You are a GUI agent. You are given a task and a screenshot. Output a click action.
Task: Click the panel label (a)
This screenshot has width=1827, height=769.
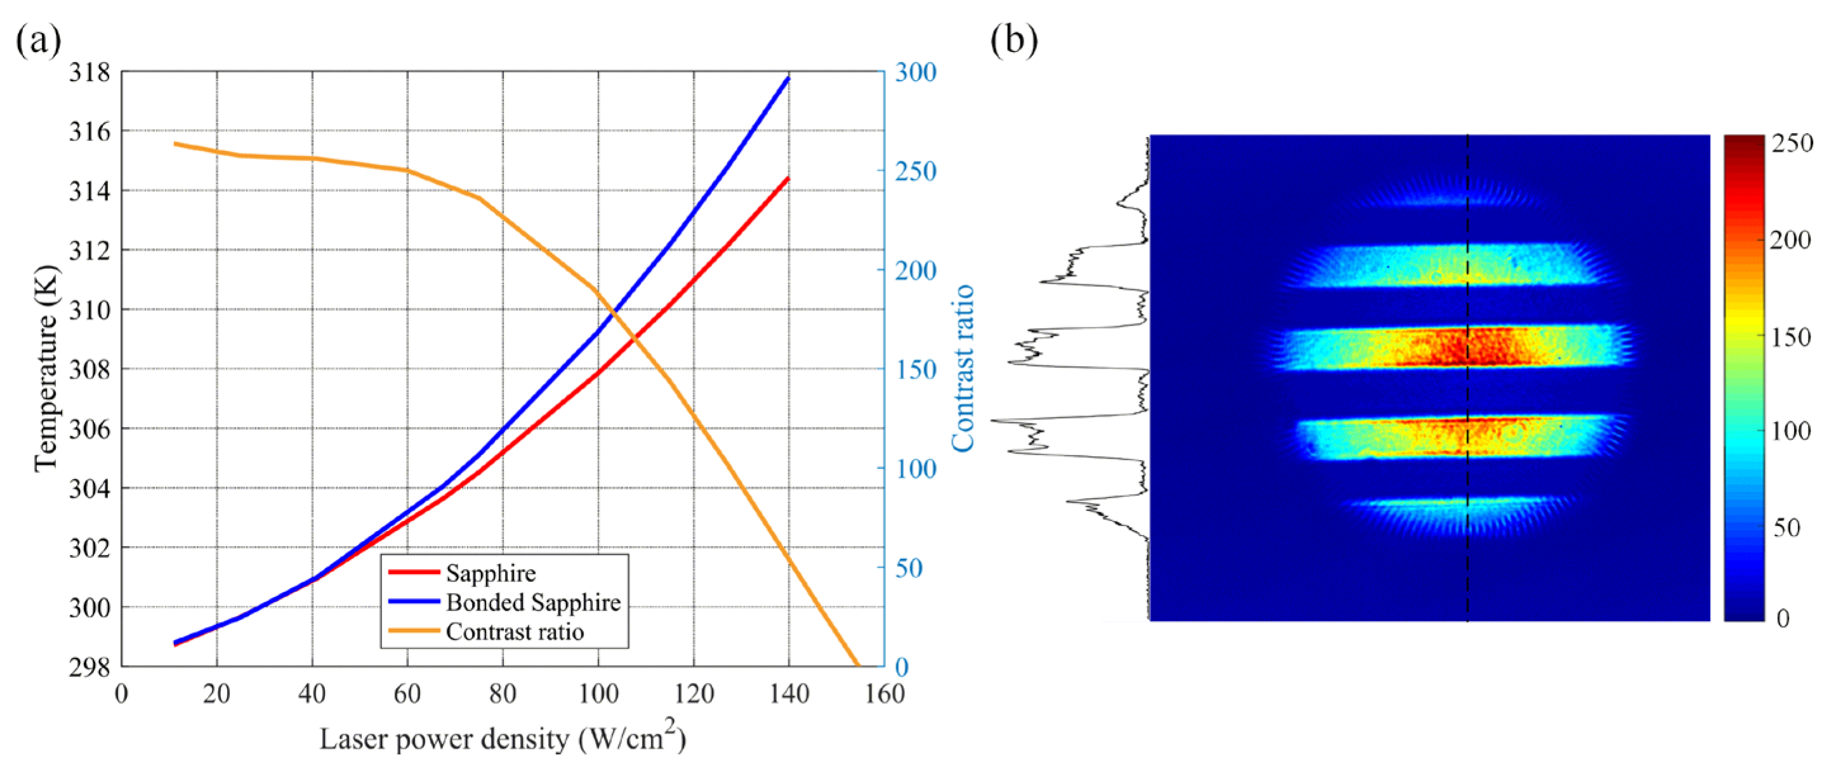[38, 41]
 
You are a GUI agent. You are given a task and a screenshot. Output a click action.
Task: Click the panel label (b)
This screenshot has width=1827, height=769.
[1013, 41]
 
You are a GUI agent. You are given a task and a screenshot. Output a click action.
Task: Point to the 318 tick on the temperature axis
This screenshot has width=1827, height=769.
[89, 72]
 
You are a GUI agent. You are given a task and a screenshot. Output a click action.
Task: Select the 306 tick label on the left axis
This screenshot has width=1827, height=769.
[89, 429]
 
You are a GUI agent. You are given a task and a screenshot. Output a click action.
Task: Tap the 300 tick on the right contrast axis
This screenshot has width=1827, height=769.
[915, 72]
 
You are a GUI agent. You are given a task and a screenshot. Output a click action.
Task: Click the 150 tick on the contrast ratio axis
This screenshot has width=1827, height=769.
[915, 370]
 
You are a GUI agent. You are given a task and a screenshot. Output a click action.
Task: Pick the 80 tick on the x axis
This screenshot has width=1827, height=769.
[502, 693]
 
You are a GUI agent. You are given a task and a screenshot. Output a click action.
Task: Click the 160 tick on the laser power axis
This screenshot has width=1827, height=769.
[884, 693]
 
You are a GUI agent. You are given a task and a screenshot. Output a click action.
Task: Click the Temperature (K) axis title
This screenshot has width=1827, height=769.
[46, 369]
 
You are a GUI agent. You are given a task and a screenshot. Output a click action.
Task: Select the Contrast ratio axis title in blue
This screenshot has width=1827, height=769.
[963, 369]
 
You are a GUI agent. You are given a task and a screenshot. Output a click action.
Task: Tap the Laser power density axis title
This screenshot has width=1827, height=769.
[502, 739]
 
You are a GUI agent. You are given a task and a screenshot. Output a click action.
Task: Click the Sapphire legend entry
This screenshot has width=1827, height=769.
[490, 573]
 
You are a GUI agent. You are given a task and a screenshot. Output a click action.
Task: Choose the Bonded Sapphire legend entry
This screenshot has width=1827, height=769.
[532, 602]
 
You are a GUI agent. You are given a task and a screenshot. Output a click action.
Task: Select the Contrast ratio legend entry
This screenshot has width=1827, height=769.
[514, 631]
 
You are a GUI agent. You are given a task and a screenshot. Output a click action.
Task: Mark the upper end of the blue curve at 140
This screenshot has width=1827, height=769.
[788, 78]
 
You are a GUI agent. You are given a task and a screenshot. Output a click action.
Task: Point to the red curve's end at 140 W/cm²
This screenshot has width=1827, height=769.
[788, 178]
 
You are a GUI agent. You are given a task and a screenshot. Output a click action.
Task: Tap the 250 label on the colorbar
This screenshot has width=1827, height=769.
[1791, 143]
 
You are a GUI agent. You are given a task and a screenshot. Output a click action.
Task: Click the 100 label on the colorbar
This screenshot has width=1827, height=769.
[1790, 431]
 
